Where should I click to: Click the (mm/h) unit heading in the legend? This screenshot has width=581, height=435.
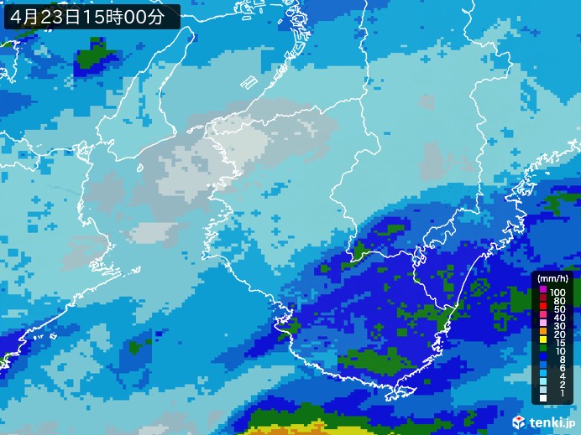click(x=553, y=278)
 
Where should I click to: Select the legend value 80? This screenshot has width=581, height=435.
click(x=558, y=300)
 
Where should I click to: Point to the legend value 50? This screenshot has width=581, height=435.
click(x=558, y=310)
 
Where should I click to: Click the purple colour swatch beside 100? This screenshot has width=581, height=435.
click(x=543, y=290)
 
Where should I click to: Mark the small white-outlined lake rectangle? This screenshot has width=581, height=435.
click(x=248, y=83)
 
